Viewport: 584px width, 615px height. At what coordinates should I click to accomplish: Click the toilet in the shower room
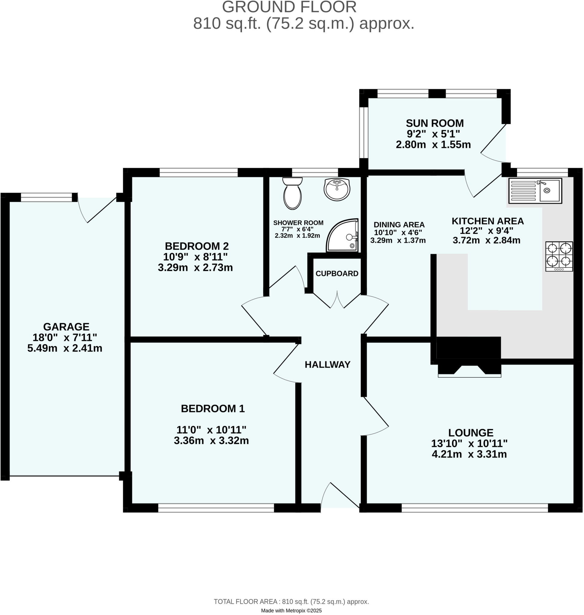[x=292, y=194]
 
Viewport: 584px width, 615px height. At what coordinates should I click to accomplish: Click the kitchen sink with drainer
[x=535, y=191]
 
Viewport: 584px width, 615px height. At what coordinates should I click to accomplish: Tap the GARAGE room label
[x=66, y=327]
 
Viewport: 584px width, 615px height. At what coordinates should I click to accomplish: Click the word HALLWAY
[x=328, y=365]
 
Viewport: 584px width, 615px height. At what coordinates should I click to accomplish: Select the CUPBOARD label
[x=337, y=274]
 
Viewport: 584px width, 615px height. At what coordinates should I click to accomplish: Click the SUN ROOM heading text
[x=435, y=123]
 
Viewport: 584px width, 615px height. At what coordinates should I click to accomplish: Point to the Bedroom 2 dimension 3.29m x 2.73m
[x=195, y=268]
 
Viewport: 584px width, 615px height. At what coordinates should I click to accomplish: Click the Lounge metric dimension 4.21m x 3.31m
[x=469, y=454]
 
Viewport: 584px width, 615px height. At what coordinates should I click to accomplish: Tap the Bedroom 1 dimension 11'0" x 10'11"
[x=211, y=430]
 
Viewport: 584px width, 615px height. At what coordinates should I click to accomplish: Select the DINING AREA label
[x=399, y=225]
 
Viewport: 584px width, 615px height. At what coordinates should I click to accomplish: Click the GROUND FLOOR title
[x=289, y=8]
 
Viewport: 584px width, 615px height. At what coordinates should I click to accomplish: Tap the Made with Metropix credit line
[x=291, y=610]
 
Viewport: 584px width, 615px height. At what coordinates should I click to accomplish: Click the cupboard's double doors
[x=337, y=300]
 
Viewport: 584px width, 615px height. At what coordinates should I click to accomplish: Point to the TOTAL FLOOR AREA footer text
[x=291, y=601]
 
